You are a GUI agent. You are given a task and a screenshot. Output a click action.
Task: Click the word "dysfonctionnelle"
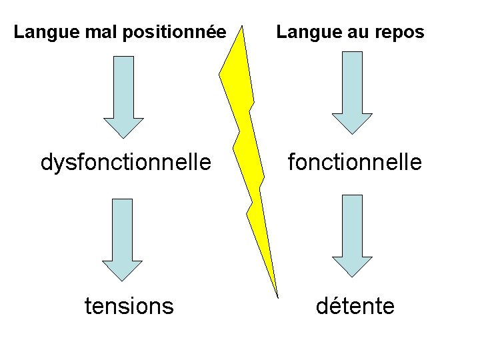click(x=127, y=162)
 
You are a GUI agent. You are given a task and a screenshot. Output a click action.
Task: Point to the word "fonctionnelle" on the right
click(x=355, y=162)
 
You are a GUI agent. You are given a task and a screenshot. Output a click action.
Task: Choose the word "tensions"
click(x=129, y=306)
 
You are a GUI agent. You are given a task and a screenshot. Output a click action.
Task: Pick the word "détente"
click(x=355, y=306)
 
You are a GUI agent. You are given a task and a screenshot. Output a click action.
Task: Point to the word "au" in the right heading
click(x=353, y=32)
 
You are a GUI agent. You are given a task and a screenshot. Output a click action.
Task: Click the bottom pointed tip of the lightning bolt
click(x=277, y=295)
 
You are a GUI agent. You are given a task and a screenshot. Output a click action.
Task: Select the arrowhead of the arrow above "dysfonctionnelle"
click(x=123, y=127)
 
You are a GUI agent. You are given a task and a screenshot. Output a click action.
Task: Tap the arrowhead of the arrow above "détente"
click(x=352, y=267)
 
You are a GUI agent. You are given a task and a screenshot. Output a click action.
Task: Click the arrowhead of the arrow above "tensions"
click(x=123, y=271)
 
